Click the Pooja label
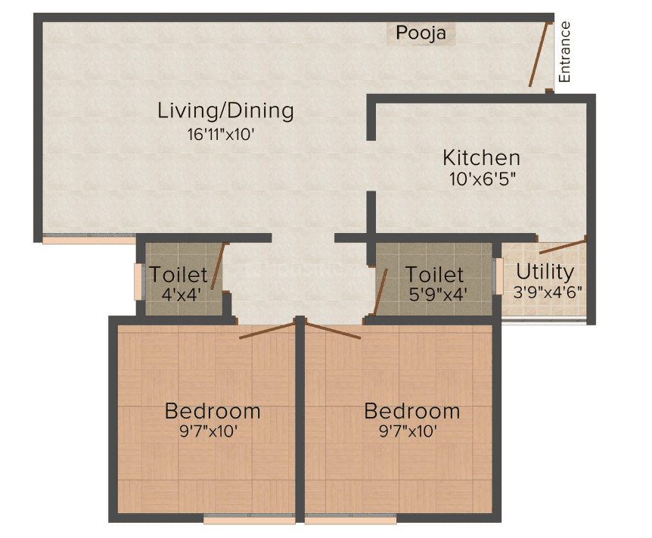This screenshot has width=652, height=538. (421, 33)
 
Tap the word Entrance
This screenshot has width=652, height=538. (564, 52)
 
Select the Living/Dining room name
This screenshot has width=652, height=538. (226, 110)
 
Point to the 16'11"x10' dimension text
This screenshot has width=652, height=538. (221, 135)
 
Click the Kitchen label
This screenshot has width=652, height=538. (482, 157)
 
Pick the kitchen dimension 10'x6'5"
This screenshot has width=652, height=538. (483, 179)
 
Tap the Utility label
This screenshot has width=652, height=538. (545, 272)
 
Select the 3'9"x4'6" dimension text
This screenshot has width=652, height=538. (548, 292)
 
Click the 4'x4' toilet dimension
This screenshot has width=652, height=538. (182, 294)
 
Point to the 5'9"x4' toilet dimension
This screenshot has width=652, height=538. (438, 294)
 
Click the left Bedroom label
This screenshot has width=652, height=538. (213, 411)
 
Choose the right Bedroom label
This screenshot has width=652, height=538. (412, 411)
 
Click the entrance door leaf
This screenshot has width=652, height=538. (539, 54)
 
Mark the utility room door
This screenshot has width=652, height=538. (563, 247)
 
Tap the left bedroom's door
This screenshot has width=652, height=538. (267, 331)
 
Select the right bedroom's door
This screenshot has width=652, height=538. (333, 331)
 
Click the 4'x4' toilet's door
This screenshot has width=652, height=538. (218, 266)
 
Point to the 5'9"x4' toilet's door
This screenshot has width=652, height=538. (380, 292)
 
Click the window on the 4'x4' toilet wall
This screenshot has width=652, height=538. (138, 281)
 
